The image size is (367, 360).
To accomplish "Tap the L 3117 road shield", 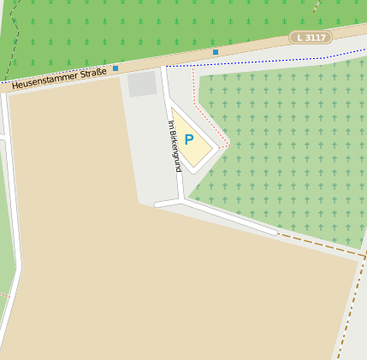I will point(311,38).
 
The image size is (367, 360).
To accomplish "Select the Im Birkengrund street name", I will point(175,146).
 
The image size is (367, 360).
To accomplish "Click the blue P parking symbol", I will point(189,139).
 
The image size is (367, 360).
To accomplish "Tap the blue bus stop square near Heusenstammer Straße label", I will point(115,68).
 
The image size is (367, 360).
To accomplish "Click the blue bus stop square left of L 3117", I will point(216,52).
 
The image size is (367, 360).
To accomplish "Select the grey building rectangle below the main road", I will point(142,84).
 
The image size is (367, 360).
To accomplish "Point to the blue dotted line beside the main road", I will point(257,62).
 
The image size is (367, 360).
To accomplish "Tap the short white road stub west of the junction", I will point(167,204).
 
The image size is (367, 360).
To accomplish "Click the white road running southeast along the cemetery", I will point(231,217).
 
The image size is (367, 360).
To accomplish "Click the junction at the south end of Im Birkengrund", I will point(182,200).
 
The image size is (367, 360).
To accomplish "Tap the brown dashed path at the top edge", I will point(317,7).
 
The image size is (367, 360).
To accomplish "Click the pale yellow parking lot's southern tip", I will point(192,165).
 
